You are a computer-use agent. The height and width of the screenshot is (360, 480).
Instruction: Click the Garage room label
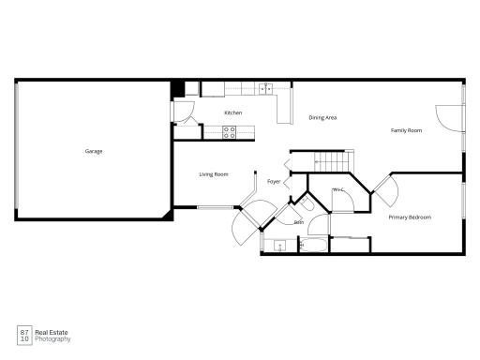[94, 152]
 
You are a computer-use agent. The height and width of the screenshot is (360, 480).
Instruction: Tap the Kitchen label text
[233, 112]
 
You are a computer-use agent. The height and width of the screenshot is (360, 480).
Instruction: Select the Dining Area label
[322, 118]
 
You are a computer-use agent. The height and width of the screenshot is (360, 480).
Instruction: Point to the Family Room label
[406, 130]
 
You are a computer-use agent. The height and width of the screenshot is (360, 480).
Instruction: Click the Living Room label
[214, 174]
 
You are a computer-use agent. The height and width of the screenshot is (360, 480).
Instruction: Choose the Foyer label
[274, 182]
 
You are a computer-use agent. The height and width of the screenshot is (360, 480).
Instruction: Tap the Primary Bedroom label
[410, 217]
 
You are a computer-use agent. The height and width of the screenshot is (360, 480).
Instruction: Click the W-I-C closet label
[338, 189]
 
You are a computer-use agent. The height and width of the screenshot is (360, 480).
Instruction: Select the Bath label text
[299, 222]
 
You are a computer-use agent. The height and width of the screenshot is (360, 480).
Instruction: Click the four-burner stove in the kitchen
[229, 132]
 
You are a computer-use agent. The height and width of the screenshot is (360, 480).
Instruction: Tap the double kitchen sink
[266, 89]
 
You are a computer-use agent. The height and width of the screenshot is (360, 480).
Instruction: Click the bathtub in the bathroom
[313, 245]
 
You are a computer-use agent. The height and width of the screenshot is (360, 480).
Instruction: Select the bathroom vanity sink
[279, 246]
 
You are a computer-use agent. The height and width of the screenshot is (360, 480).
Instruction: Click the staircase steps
[332, 162]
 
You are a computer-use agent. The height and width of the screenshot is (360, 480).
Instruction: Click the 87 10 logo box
[24, 336]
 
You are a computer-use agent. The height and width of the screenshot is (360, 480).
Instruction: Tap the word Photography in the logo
[52, 339]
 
